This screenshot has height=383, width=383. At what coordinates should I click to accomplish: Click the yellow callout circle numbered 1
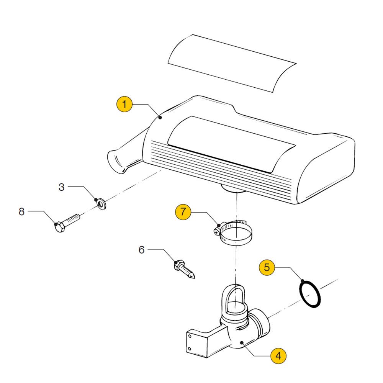click(124, 104)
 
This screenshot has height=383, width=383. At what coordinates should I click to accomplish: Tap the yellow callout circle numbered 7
click(183, 212)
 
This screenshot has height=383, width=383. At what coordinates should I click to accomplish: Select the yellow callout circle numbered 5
click(267, 267)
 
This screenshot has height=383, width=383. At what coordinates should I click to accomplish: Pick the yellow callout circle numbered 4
click(278, 356)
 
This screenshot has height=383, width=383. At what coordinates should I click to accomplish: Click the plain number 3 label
click(62, 187)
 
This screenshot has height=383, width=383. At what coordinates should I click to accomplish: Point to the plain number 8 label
click(22, 211)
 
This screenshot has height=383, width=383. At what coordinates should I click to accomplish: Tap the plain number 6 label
click(142, 250)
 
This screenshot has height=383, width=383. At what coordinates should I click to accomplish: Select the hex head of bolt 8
click(59, 227)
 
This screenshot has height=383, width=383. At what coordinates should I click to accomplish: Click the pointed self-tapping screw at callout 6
click(184, 269)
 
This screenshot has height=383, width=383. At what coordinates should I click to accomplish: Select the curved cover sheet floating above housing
click(232, 63)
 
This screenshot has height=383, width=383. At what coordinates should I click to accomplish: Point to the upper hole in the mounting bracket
click(190, 336)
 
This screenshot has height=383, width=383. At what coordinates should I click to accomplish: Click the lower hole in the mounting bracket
click(190, 348)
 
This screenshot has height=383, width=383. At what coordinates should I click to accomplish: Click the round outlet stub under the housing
click(233, 188)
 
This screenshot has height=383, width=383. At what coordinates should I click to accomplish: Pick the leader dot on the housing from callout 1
click(160, 118)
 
